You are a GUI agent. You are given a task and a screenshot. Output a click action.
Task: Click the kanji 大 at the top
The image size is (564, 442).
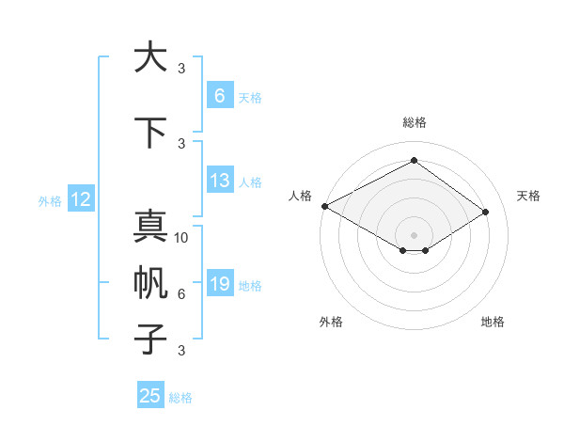[x=149, y=57]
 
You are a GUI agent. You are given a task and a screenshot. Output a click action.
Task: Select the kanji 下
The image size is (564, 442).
[x=149, y=133]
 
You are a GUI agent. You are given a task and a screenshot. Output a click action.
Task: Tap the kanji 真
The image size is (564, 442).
[x=149, y=229]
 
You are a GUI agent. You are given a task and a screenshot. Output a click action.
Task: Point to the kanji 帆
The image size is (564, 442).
[x=149, y=283]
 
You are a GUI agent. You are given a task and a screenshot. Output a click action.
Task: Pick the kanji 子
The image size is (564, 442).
[x=149, y=339]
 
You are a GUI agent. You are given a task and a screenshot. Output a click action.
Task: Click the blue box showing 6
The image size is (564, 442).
[x=219, y=96]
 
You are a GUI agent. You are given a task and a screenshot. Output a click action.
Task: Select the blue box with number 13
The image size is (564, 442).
[x=219, y=182]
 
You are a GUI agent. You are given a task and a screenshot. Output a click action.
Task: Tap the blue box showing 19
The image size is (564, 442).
[x=219, y=285]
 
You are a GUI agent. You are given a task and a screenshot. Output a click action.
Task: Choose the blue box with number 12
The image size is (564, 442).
[x=80, y=199]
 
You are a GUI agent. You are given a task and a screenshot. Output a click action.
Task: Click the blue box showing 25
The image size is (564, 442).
[x=150, y=396]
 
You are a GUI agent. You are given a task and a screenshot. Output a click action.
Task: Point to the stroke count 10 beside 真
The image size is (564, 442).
[x=181, y=238]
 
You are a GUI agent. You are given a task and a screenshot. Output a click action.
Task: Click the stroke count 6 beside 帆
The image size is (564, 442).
[x=181, y=294]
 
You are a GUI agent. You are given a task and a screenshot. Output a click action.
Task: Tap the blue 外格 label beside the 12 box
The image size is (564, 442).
[x=49, y=200]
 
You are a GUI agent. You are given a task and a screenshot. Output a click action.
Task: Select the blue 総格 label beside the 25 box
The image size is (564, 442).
[x=180, y=397]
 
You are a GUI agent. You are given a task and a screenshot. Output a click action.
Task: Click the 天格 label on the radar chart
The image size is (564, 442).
[x=528, y=196]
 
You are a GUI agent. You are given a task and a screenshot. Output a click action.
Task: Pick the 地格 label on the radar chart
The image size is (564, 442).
[x=493, y=322]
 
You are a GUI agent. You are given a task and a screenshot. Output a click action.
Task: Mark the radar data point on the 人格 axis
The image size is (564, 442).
[x=324, y=205]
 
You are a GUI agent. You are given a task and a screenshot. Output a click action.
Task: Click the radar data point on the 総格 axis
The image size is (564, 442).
[x=414, y=160]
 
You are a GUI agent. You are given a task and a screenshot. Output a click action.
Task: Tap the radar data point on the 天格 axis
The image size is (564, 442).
[x=486, y=212]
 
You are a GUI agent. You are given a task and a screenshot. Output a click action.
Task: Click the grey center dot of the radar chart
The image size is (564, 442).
[x=414, y=233]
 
